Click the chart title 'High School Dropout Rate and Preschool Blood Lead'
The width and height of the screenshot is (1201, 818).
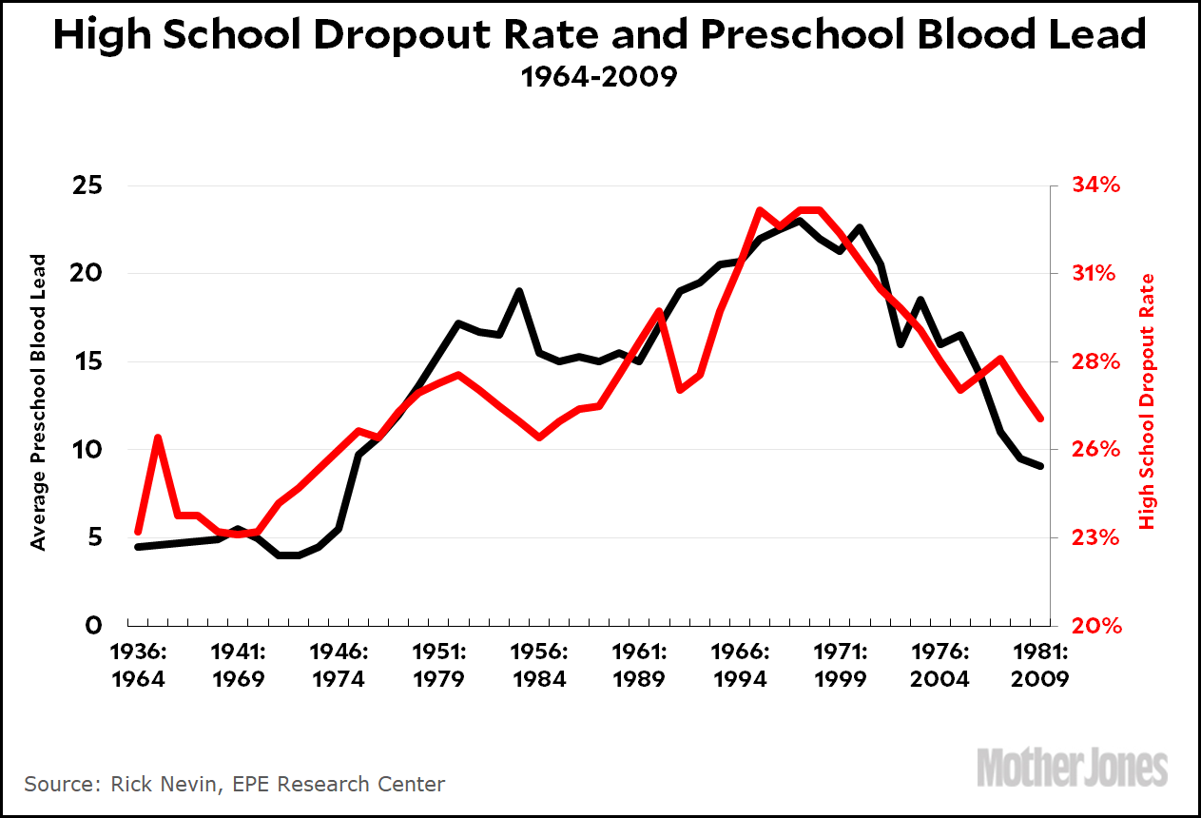coord(600,36)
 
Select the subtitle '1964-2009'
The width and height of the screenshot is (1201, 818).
coord(599,77)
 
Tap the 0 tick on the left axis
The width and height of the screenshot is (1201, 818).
coord(93,626)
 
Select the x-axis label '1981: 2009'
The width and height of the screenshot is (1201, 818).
coord(1040,667)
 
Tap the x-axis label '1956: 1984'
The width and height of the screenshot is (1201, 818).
coord(538,667)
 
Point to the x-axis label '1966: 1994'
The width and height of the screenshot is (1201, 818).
coord(740,667)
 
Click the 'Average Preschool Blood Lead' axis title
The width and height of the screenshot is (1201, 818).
coord(39,401)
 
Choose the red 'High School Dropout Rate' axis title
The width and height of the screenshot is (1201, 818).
coord(1147,401)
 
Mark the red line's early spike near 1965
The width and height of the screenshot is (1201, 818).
coord(158,438)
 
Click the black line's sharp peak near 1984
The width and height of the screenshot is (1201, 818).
coord(519,291)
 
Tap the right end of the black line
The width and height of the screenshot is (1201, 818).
coord(1040,466)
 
